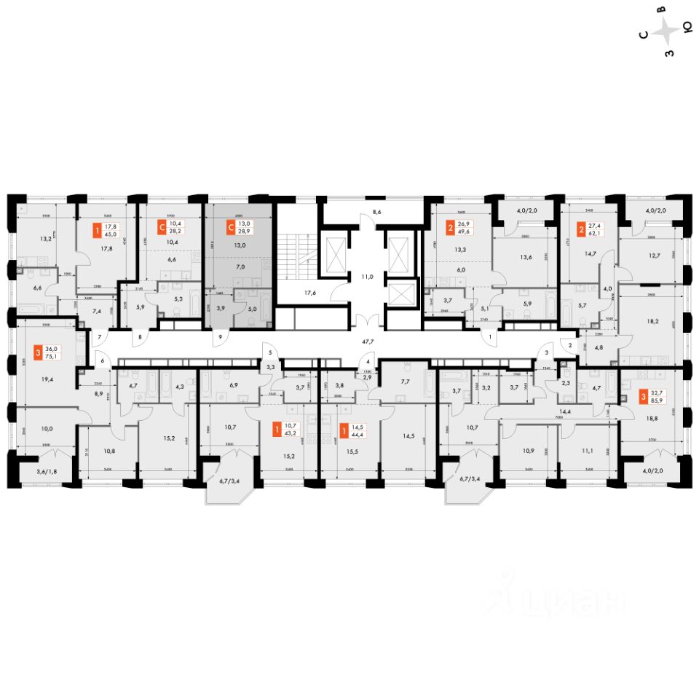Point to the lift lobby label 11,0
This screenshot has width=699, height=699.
(368, 277)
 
